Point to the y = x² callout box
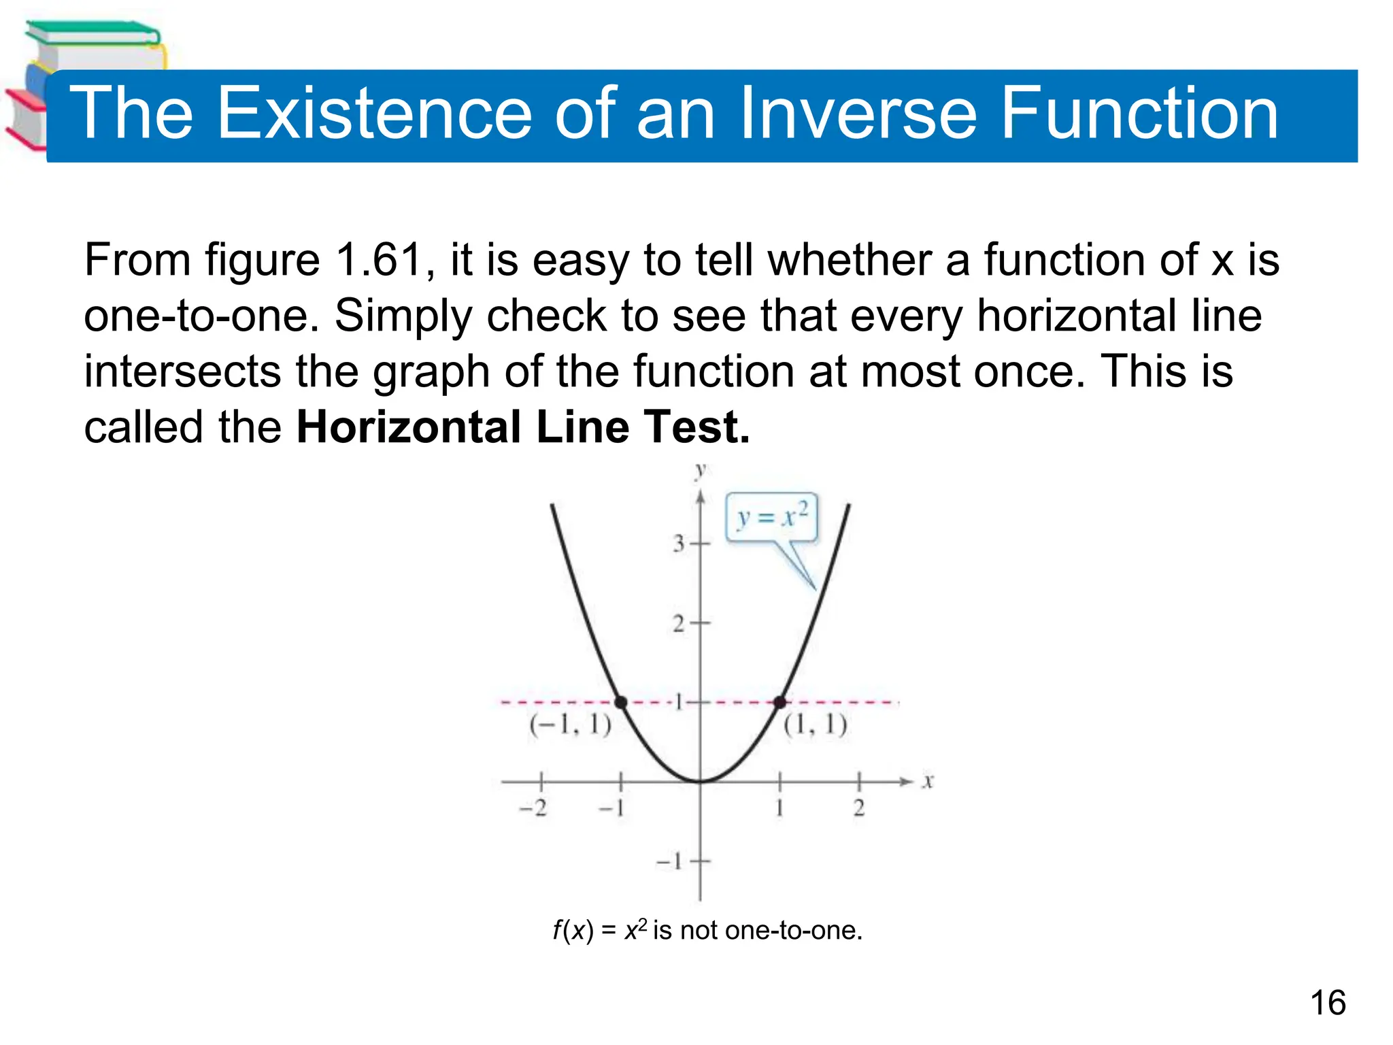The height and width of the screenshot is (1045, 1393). pos(772,517)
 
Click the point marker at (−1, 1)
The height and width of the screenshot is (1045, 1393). pos(621,702)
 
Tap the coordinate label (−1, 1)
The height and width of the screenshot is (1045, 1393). pos(570,725)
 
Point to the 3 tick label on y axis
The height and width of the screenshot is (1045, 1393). pos(679,544)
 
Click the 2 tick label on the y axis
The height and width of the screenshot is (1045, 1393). pos(679,623)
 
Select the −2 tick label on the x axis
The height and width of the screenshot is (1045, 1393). pos(533,809)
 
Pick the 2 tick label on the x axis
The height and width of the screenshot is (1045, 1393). pos(859,809)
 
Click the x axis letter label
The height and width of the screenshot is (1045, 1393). pos(928,782)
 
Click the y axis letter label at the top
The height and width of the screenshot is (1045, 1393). pos(701,469)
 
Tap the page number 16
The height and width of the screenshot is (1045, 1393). pos(1328,1003)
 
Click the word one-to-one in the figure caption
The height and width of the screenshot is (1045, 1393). pos(793,930)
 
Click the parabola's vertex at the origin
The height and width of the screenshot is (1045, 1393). pos(701,782)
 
